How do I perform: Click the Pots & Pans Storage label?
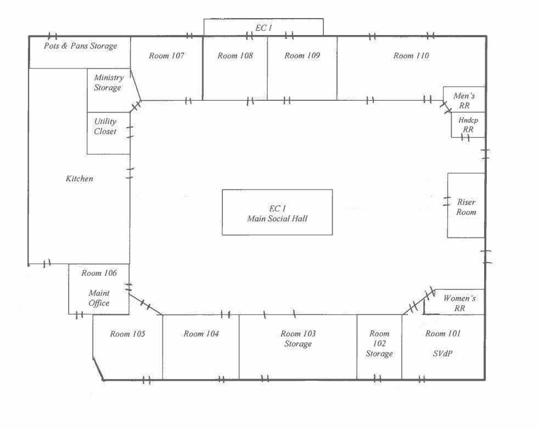pyautogui.click(x=80, y=46)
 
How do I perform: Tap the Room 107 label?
pyautogui.click(x=166, y=56)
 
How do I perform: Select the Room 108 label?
pyautogui.click(x=235, y=56)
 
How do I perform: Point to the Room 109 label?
pyautogui.click(x=302, y=56)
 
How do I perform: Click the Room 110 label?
pyautogui.click(x=411, y=56)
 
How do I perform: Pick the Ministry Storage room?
pyautogui.click(x=108, y=83)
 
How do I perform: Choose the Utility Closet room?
pyautogui.click(x=105, y=127)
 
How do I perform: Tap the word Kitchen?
pyautogui.click(x=80, y=179)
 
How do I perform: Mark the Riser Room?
pyautogui.click(x=466, y=207)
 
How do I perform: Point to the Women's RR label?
pyautogui.click(x=459, y=303)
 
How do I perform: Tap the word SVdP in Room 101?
pyautogui.click(x=442, y=353)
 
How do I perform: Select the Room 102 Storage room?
pyautogui.click(x=379, y=344)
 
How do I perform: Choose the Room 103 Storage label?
pyautogui.click(x=298, y=339)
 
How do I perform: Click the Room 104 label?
pyautogui.click(x=201, y=334)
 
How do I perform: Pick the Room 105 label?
pyautogui.click(x=127, y=334)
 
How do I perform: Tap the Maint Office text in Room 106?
pyautogui.click(x=99, y=298)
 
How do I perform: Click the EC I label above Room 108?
pyautogui.click(x=263, y=27)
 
